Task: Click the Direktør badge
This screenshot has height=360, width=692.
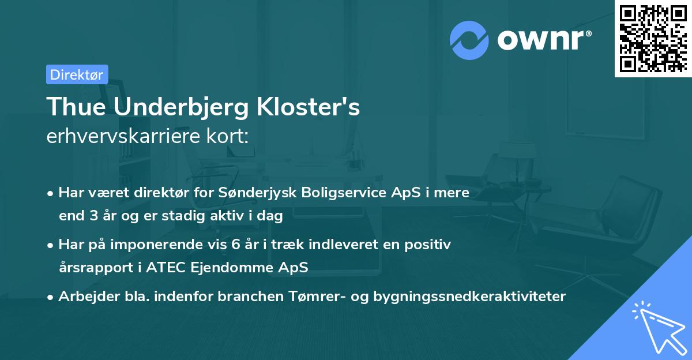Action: point(77,74)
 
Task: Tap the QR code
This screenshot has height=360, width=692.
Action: point(652,38)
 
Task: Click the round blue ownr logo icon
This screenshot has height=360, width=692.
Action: point(469,40)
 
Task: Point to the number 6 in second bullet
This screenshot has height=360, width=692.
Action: point(236,245)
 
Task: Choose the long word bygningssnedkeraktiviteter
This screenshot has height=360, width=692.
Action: point(469,297)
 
